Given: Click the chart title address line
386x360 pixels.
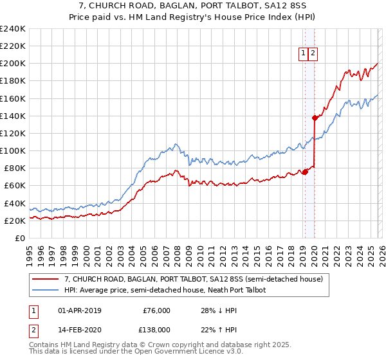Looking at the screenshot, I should coord(192,6).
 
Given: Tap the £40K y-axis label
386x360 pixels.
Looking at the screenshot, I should coord(14,203).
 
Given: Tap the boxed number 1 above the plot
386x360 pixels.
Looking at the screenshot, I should coord(302,54).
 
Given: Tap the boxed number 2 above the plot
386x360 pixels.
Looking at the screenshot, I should coord(313,54).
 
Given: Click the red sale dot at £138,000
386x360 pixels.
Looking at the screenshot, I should coord(315,118).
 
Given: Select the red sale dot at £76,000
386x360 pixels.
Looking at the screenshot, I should coord(305,172).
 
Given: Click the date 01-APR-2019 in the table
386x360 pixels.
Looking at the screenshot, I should coord(80,310).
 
